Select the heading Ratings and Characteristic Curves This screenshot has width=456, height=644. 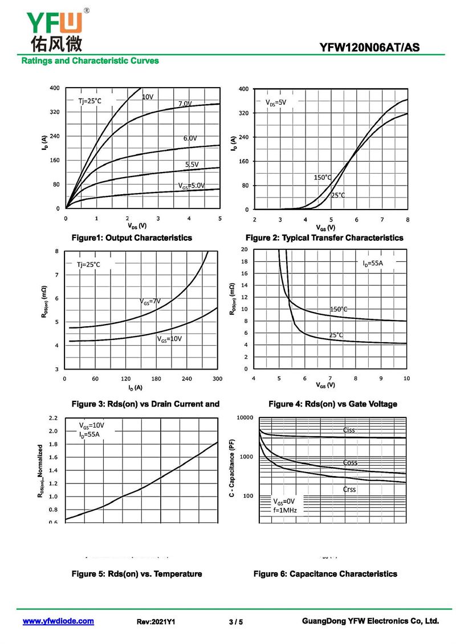(x=90, y=61)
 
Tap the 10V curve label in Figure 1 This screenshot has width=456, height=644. (x=148, y=97)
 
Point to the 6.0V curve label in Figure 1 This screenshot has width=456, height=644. (x=190, y=138)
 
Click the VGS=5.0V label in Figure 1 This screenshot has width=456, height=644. (x=191, y=186)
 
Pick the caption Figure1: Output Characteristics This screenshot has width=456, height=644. (x=131, y=237)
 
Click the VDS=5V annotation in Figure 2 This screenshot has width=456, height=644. (x=276, y=102)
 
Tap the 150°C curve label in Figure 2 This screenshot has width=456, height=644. (x=323, y=177)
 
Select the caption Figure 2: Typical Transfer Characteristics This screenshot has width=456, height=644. (x=324, y=237)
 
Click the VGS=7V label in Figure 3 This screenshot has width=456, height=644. (x=150, y=301)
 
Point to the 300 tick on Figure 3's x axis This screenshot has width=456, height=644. (x=217, y=379)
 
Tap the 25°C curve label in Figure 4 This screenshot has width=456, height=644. (x=336, y=335)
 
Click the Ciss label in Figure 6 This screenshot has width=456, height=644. (x=349, y=430)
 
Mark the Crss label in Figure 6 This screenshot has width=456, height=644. (x=349, y=489)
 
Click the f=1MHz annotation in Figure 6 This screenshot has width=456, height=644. (x=285, y=510)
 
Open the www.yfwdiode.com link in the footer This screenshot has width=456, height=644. (x=58, y=621)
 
